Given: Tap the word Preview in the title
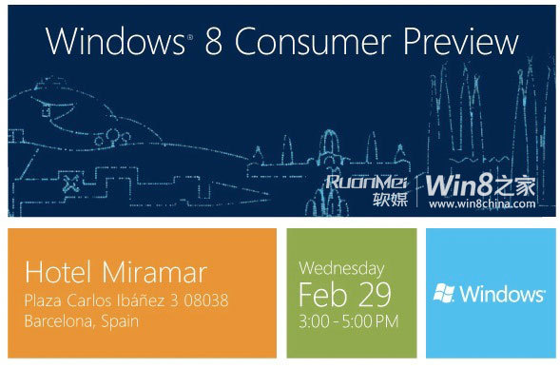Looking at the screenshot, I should pos(457,42).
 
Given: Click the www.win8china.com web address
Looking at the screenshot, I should pos(483,203).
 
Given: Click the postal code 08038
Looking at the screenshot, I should pos(208,300).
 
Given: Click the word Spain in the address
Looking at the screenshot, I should pos(120,320).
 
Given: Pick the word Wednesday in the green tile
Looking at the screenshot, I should pos(341,268).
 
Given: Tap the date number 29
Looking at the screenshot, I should pos(374,291).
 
